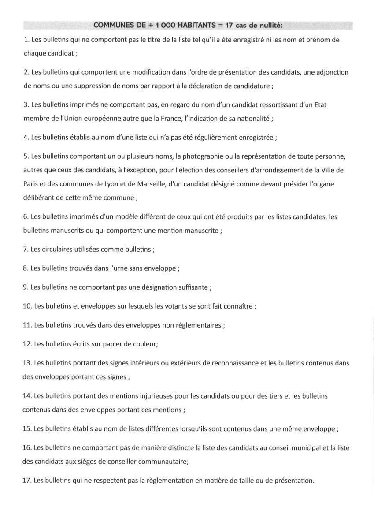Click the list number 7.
[x=25, y=250]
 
